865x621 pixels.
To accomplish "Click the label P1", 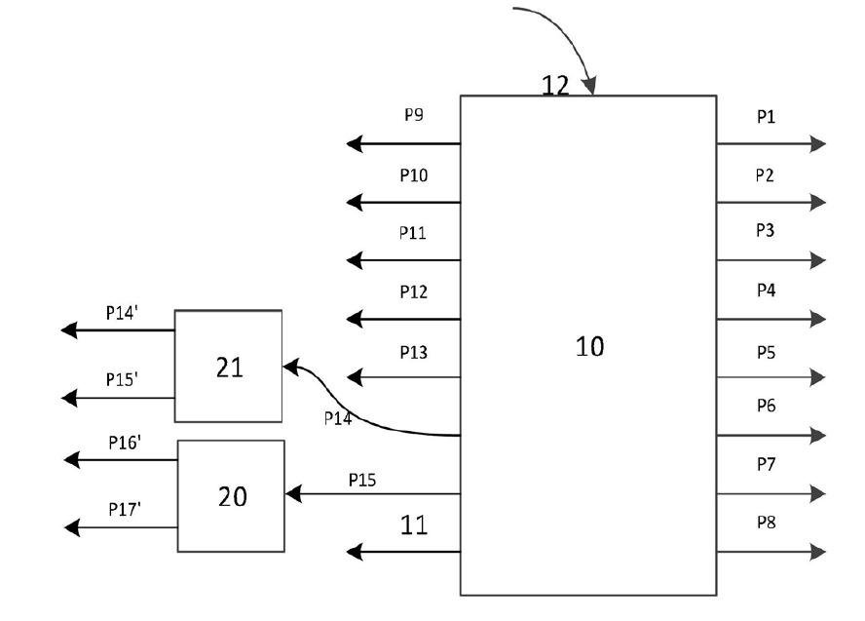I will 766,116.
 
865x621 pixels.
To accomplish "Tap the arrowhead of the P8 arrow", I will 818,553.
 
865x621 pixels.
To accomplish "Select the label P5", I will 766,352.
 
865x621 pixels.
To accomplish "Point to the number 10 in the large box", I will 589,346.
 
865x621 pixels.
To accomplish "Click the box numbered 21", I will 228,366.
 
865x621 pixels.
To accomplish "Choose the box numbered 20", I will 231,496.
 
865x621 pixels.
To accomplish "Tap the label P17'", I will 126,509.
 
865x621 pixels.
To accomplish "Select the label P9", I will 414,115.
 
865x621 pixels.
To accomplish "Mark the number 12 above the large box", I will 555,85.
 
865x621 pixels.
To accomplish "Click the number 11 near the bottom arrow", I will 414,526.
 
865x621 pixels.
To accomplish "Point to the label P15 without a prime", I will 361,480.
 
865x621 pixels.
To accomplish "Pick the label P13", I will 413,352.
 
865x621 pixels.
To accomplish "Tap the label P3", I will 766,231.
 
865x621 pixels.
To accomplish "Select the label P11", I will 413,233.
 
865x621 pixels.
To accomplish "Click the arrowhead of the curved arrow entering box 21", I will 289,367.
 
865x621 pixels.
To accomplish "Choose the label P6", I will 766,407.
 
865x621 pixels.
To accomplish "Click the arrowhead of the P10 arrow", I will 355,203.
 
